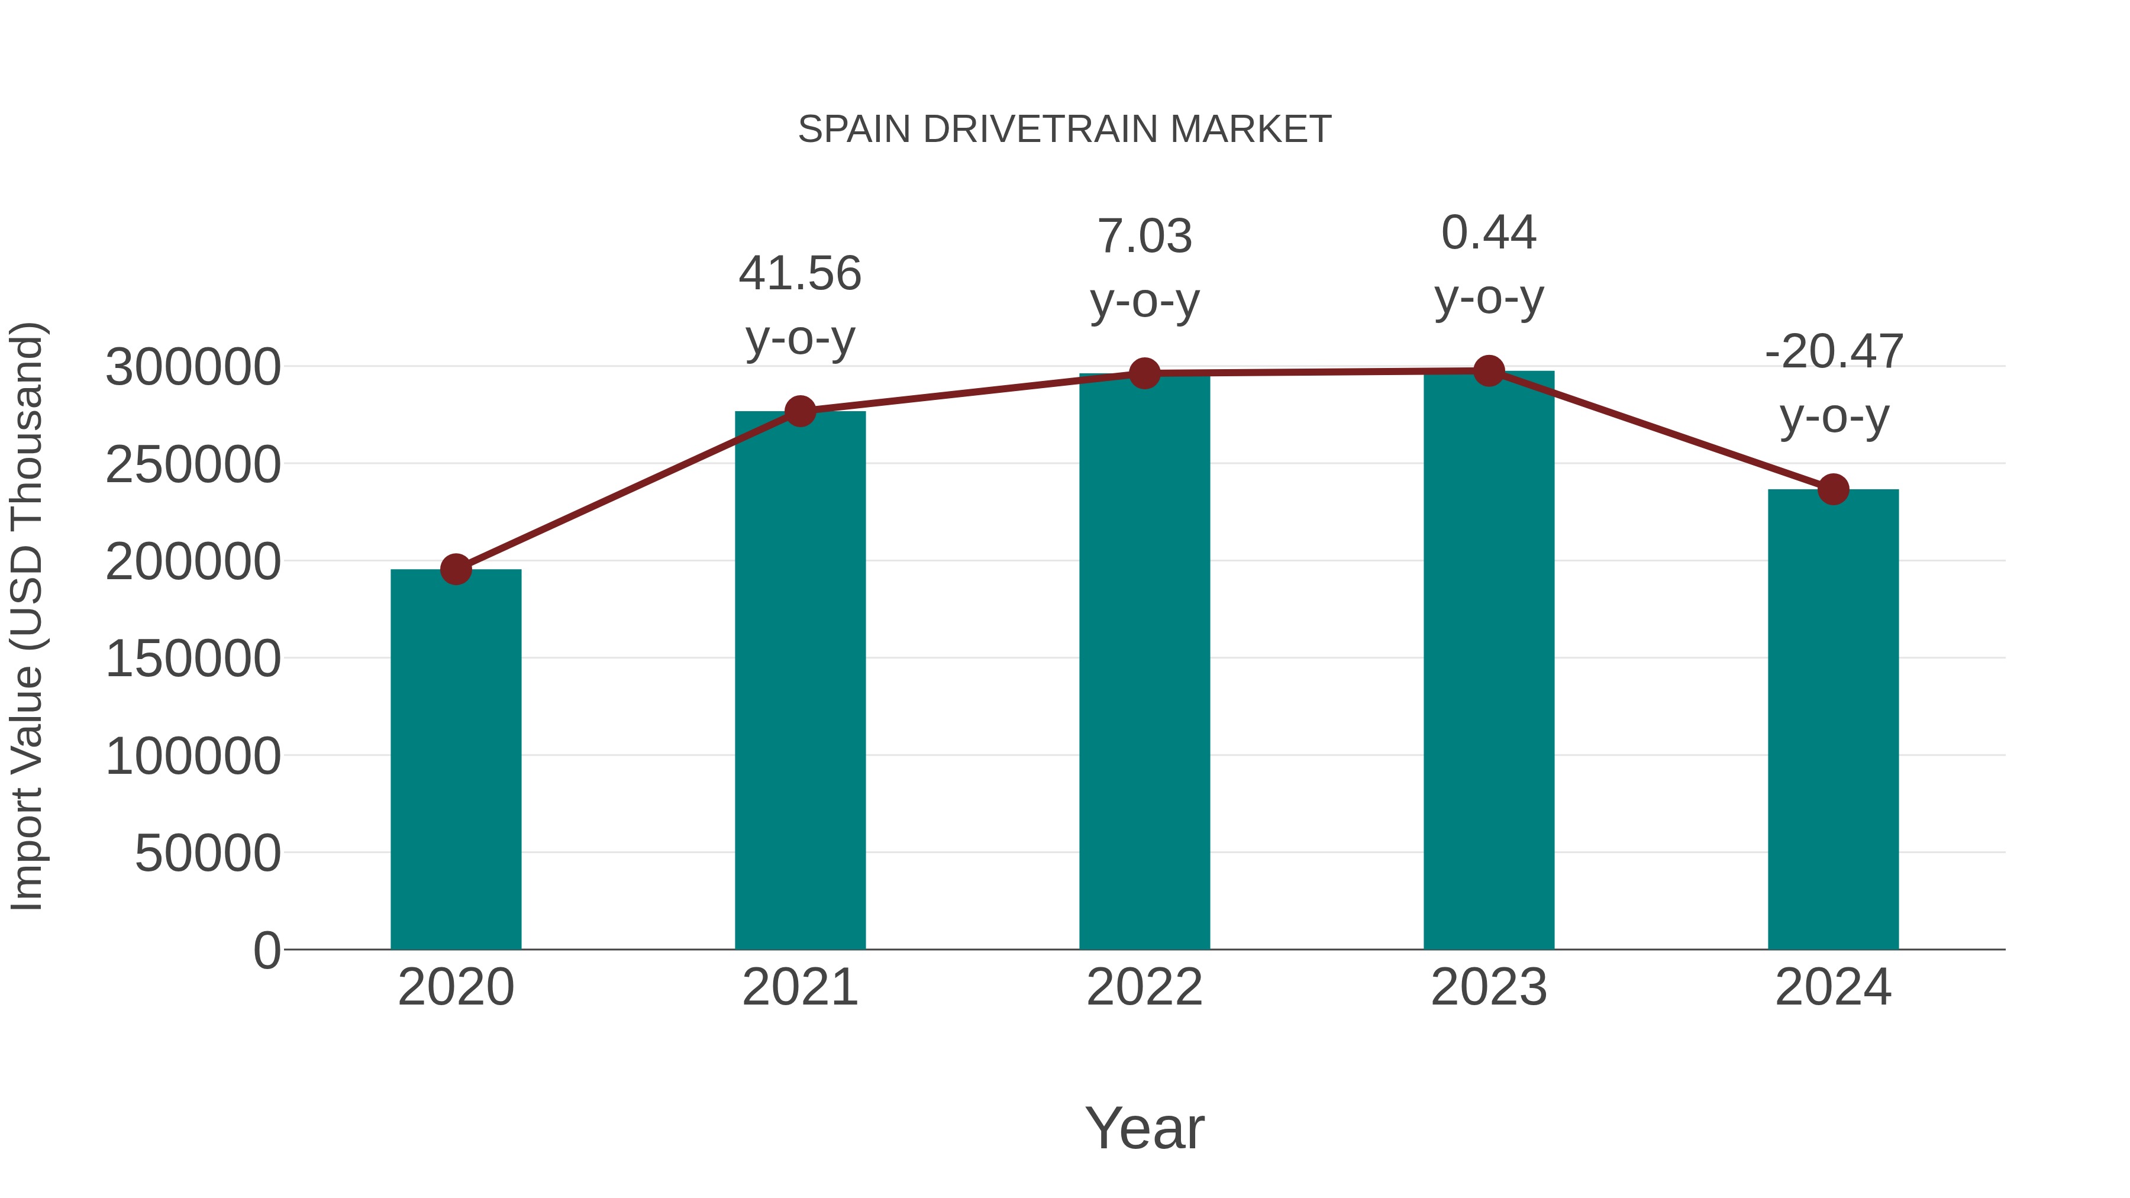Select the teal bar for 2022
(x=1144, y=661)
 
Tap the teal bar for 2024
(x=1833, y=719)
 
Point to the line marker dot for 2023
(x=1489, y=371)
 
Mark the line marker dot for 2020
(x=456, y=569)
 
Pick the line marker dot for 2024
(x=1833, y=489)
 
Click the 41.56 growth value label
(x=799, y=274)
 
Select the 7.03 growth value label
(x=1144, y=237)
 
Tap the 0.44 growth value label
(x=1489, y=233)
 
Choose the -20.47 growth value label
(x=1833, y=352)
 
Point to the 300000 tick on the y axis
(x=193, y=367)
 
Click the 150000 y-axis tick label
(x=193, y=659)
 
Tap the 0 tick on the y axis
(x=266, y=950)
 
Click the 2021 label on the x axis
(x=799, y=987)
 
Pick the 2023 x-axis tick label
(x=1489, y=987)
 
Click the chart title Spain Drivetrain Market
(x=1064, y=130)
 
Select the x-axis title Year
(x=1144, y=1128)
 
